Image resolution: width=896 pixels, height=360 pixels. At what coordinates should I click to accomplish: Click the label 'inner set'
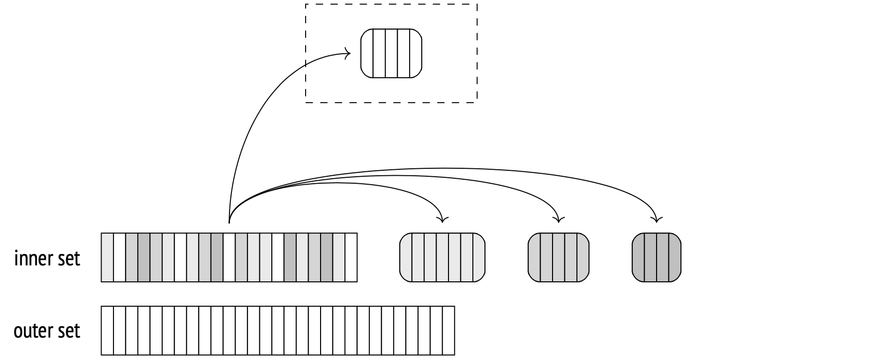click(47, 259)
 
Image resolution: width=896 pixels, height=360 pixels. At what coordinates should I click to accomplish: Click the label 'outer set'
click(47, 331)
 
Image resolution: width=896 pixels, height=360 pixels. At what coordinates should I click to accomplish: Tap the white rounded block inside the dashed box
click(391, 53)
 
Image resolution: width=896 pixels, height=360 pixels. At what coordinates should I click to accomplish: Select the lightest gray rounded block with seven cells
click(442, 257)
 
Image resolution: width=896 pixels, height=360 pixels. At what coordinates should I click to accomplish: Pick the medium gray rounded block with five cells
click(559, 257)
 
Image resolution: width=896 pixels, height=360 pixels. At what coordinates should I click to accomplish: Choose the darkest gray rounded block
click(657, 257)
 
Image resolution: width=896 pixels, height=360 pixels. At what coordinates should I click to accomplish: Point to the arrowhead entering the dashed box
click(348, 53)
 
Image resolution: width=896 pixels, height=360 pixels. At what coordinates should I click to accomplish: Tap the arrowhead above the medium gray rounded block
click(559, 219)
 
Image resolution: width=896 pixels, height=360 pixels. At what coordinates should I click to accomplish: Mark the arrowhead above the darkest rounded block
click(657, 219)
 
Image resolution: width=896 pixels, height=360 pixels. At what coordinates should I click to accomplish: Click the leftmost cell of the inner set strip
click(107, 257)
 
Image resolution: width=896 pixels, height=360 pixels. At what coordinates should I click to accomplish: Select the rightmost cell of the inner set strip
click(351, 257)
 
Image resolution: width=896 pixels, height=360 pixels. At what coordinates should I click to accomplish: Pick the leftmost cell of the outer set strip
click(107, 331)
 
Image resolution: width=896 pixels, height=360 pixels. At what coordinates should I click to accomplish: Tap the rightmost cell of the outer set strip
click(449, 331)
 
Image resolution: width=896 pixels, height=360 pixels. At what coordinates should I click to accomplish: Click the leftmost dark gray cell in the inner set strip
click(144, 257)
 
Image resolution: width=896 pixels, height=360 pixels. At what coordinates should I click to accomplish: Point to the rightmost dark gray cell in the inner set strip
click(327, 257)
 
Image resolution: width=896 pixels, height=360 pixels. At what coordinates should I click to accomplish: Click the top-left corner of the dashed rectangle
click(306, 4)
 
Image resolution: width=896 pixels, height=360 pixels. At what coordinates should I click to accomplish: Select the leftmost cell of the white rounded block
click(367, 53)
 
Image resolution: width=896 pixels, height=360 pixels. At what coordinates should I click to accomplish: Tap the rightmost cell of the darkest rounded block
click(674, 257)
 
